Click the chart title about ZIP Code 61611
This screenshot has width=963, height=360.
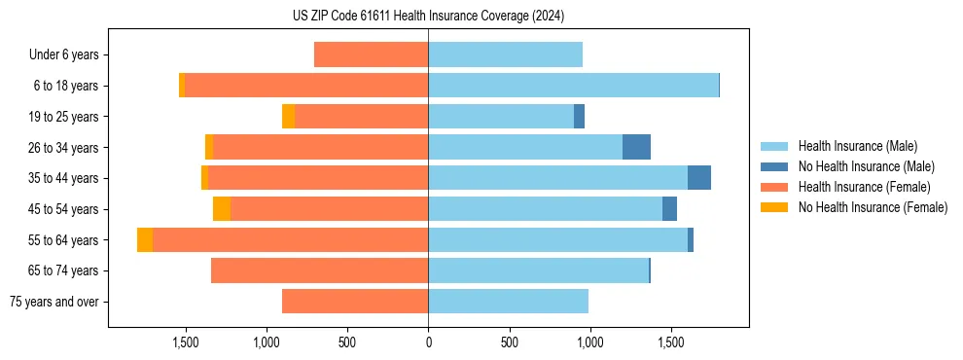click(428, 16)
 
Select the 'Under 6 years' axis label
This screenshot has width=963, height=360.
click(64, 55)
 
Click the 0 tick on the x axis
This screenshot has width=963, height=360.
click(428, 342)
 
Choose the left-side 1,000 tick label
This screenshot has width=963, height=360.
click(267, 342)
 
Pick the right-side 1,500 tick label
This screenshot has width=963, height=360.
click(670, 342)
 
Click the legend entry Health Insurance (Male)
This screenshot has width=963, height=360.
click(857, 146)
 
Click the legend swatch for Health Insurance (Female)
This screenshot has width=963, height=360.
click(776, 187)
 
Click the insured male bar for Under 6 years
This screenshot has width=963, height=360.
click(505, 54)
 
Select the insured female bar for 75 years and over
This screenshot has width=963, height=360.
click(355, 302)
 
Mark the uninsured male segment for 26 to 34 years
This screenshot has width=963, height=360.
click(636, 147)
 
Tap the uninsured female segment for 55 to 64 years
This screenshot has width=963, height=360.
click(145, 239)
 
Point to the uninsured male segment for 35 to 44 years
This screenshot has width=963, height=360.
click(699, 178)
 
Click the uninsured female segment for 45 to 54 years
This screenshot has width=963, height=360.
click(222, 209)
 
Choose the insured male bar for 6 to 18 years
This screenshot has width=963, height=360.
click(573, 86)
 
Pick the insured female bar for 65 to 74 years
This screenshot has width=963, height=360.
click(319, 270)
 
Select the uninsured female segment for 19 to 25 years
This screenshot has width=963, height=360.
click(288, 117)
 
